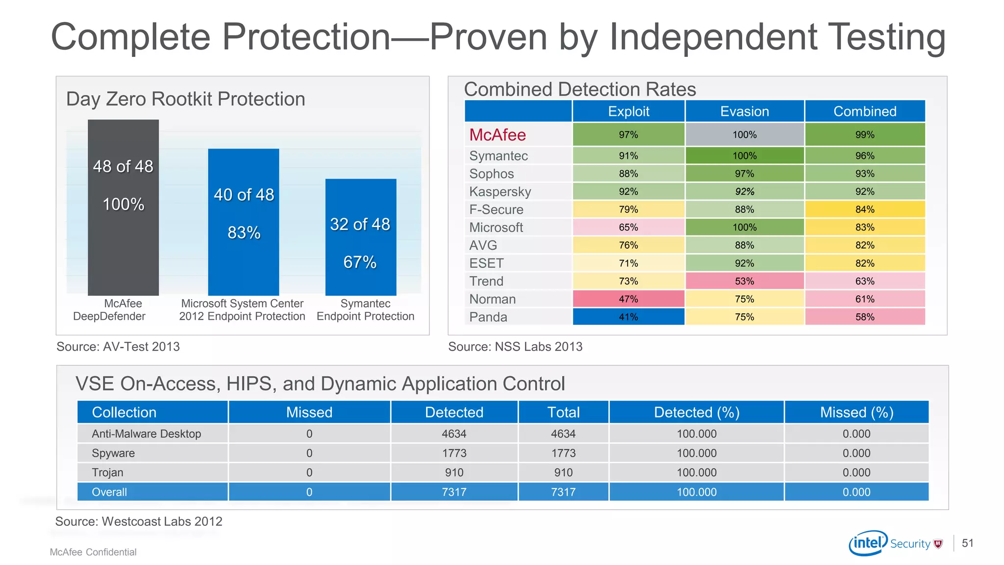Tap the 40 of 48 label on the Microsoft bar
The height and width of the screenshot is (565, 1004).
244,195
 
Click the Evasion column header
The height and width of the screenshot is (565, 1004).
744,111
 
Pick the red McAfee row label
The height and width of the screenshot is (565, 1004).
497,135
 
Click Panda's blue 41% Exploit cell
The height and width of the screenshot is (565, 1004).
628,317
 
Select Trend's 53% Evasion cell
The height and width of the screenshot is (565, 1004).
744,281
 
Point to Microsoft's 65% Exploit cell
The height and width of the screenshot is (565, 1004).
628,227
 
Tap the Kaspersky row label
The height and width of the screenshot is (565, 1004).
500,192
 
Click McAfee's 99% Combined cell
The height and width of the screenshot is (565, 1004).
865,135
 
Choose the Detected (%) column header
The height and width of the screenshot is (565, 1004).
696,412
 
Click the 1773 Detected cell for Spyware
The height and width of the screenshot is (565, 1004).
454,453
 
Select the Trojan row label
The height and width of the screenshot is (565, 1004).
107,473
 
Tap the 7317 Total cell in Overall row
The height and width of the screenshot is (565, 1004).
563,492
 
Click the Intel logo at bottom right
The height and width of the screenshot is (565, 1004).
868,542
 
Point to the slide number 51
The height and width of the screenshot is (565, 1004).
967,543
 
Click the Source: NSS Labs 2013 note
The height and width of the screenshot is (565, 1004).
515,347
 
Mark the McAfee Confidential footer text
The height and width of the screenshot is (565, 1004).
93,552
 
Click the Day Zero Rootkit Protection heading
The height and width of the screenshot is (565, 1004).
185,99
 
